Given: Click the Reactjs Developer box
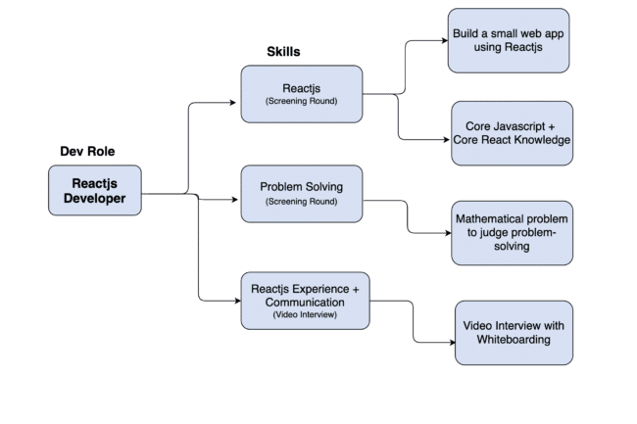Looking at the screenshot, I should (x=94, y=191).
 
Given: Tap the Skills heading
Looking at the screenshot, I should (x=284, y=51).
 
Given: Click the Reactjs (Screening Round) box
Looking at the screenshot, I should (x=302, y=94).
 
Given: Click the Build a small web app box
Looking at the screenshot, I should (x=509, y=39).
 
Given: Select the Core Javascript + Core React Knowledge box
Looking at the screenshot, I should (x=512, y=134).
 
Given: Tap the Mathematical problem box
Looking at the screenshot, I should (x=512, y=233).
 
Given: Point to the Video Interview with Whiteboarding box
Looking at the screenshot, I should (x=514, y=332).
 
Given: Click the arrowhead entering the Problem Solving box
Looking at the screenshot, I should (x=236, y=200).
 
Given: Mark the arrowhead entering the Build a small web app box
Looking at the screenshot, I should (x=444, y=42).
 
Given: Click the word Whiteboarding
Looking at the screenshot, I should (x=514, y=340).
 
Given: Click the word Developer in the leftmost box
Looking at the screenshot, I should (x=94, y=200).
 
